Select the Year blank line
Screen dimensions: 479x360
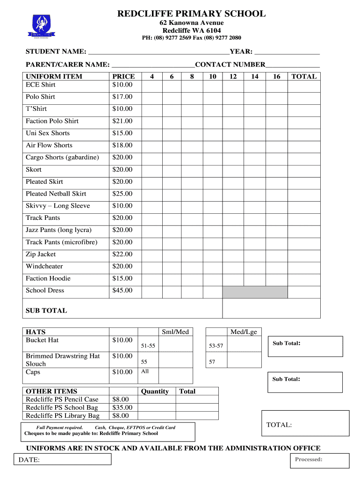point(287,52)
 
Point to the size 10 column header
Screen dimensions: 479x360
point(213,76)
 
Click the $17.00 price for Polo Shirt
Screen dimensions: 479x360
point(122,97)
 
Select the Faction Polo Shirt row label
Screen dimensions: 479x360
point(52,121)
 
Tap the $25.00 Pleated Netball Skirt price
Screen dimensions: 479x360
point(122,194)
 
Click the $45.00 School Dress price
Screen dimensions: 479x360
point(122,290)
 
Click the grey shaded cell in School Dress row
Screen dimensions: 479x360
point(255,292)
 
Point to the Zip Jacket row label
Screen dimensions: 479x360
point(41,254)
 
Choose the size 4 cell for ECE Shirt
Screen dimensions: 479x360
point(151,85)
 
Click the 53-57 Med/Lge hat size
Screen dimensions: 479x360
point(216,346)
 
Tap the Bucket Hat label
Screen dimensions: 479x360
point(42,340)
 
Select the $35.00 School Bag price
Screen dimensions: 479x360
point(122,407)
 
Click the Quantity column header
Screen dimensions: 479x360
point(155,392)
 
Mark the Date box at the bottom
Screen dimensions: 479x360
point(65,459)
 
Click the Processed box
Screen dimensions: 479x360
point(320,460)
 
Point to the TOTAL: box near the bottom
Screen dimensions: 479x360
point(305,423)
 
